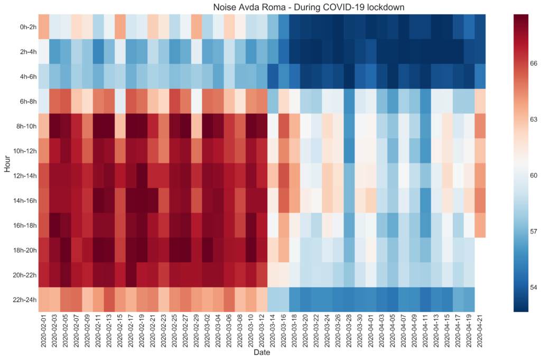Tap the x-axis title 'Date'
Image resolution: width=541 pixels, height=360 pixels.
[262, 352]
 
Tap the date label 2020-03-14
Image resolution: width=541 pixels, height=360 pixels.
[274, 330]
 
